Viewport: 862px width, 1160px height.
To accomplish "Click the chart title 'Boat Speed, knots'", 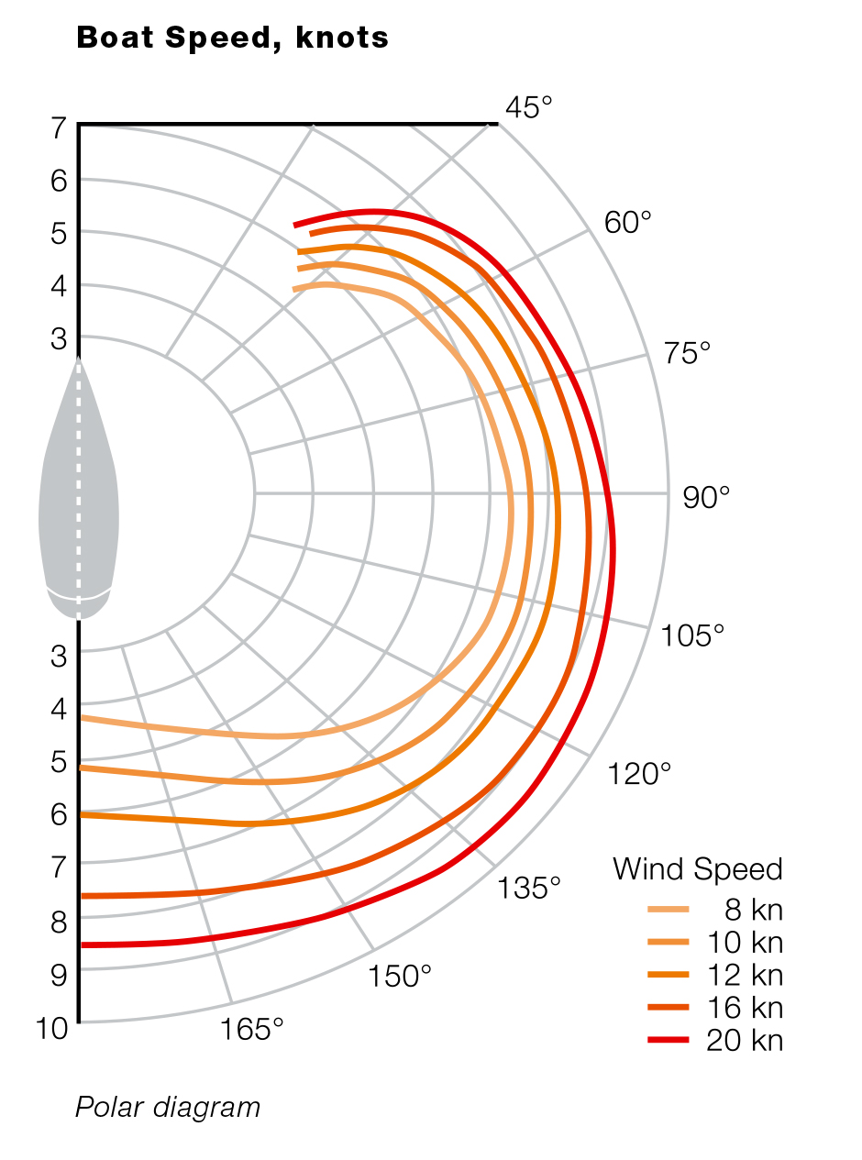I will click(x=232, y=38).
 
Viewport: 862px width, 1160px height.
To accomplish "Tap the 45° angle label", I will click(x=529, y=108).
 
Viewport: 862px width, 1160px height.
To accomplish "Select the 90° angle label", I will click(x=707, y=496).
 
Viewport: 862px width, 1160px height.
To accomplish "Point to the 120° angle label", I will click(x=639, y=774).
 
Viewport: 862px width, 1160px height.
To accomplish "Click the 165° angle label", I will click(x=252, y=1030).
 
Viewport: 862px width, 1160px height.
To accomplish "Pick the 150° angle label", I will click(x=400, y=977).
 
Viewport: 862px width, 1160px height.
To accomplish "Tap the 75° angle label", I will click(x=687, y=353).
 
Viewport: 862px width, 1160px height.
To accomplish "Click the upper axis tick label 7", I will click(x=59, y=128).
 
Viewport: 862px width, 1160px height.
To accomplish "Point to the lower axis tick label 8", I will click(x=59, y=922).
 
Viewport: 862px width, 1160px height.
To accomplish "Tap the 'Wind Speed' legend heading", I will click(x=697, y=869).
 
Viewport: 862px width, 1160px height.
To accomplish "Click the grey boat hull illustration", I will click(x=78, y=495).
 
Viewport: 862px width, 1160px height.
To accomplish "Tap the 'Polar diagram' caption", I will click(x=168, y=1108).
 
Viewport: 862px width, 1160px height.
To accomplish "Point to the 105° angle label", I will click(x=692, y=635).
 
